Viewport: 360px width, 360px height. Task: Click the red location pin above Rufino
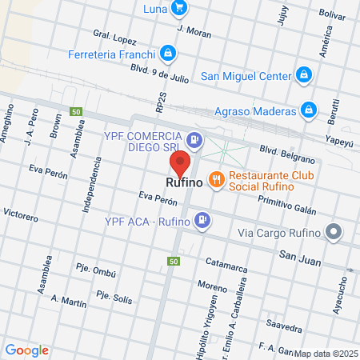[180, 162]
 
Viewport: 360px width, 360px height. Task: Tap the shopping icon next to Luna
[179, 10]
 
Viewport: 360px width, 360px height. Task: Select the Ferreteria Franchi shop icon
[167, 54]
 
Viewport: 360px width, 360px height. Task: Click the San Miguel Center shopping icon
[303, 76]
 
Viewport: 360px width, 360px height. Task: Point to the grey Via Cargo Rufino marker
[334, 233]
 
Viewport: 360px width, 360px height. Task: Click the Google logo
[27, 350]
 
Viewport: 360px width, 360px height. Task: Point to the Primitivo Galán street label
[286, 206]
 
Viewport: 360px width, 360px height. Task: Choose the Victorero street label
[21, 215]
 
